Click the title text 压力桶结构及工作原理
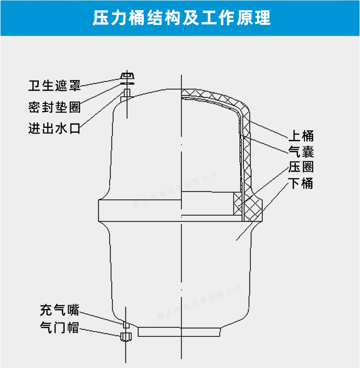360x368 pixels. click(x=181, y=18)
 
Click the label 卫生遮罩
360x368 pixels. click(x=54, y=86)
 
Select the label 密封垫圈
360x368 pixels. click(x=54, y=107)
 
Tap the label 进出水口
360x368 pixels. click(x=54, y=128)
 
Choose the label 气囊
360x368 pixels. click(x=301, y=152)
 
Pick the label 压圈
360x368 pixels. click(x=301, y=167)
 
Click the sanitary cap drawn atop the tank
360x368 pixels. click(x=127, y=77)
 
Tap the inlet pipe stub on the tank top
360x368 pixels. click(x=127, y=94)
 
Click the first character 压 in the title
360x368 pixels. click(x=101, y=18)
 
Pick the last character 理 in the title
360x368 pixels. click(x=262, y=18)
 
